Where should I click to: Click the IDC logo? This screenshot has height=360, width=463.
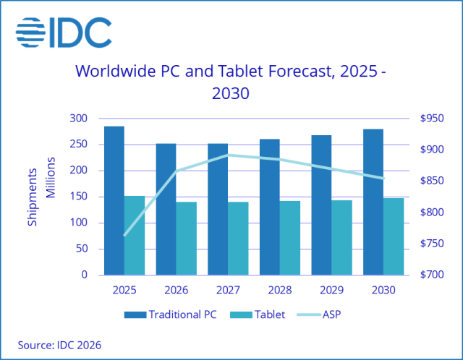[64, 30]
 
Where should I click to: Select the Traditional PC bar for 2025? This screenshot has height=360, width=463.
[114, 200]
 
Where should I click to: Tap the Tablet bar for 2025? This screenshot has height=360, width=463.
[135, 235]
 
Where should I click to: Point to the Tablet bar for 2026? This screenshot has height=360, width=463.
[187, 239]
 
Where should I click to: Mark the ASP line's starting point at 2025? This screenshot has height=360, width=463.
[124, 235]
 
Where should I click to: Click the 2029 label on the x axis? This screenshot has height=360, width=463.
[332, 290]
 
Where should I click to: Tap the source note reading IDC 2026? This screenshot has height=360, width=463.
[60, 345]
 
